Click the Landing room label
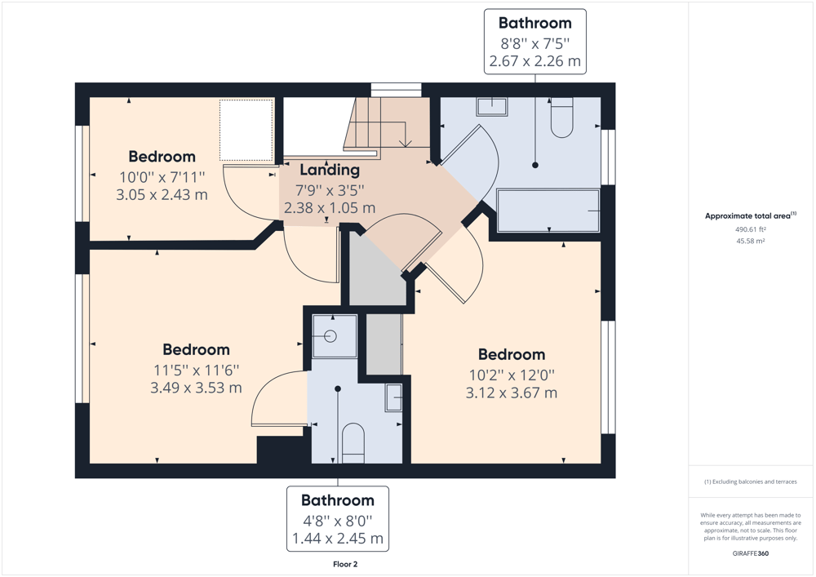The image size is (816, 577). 330,170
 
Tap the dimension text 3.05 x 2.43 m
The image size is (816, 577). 162,194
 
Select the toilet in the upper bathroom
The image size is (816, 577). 561,118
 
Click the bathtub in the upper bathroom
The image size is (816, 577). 548,211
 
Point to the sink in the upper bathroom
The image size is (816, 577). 491,107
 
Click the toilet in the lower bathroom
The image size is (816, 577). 353,443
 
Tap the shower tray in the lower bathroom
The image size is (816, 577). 334,335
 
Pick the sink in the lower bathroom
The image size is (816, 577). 394,397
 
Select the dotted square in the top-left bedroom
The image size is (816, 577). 246,130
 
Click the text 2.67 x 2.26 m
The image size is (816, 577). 535,61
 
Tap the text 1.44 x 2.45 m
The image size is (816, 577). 338,538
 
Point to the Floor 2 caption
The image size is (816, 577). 345,564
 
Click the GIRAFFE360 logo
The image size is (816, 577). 751,553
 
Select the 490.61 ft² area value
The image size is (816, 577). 751,229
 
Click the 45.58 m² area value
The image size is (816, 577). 751,241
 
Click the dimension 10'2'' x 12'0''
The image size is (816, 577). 512,375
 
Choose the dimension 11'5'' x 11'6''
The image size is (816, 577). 196,370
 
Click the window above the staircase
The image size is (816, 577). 396,90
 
